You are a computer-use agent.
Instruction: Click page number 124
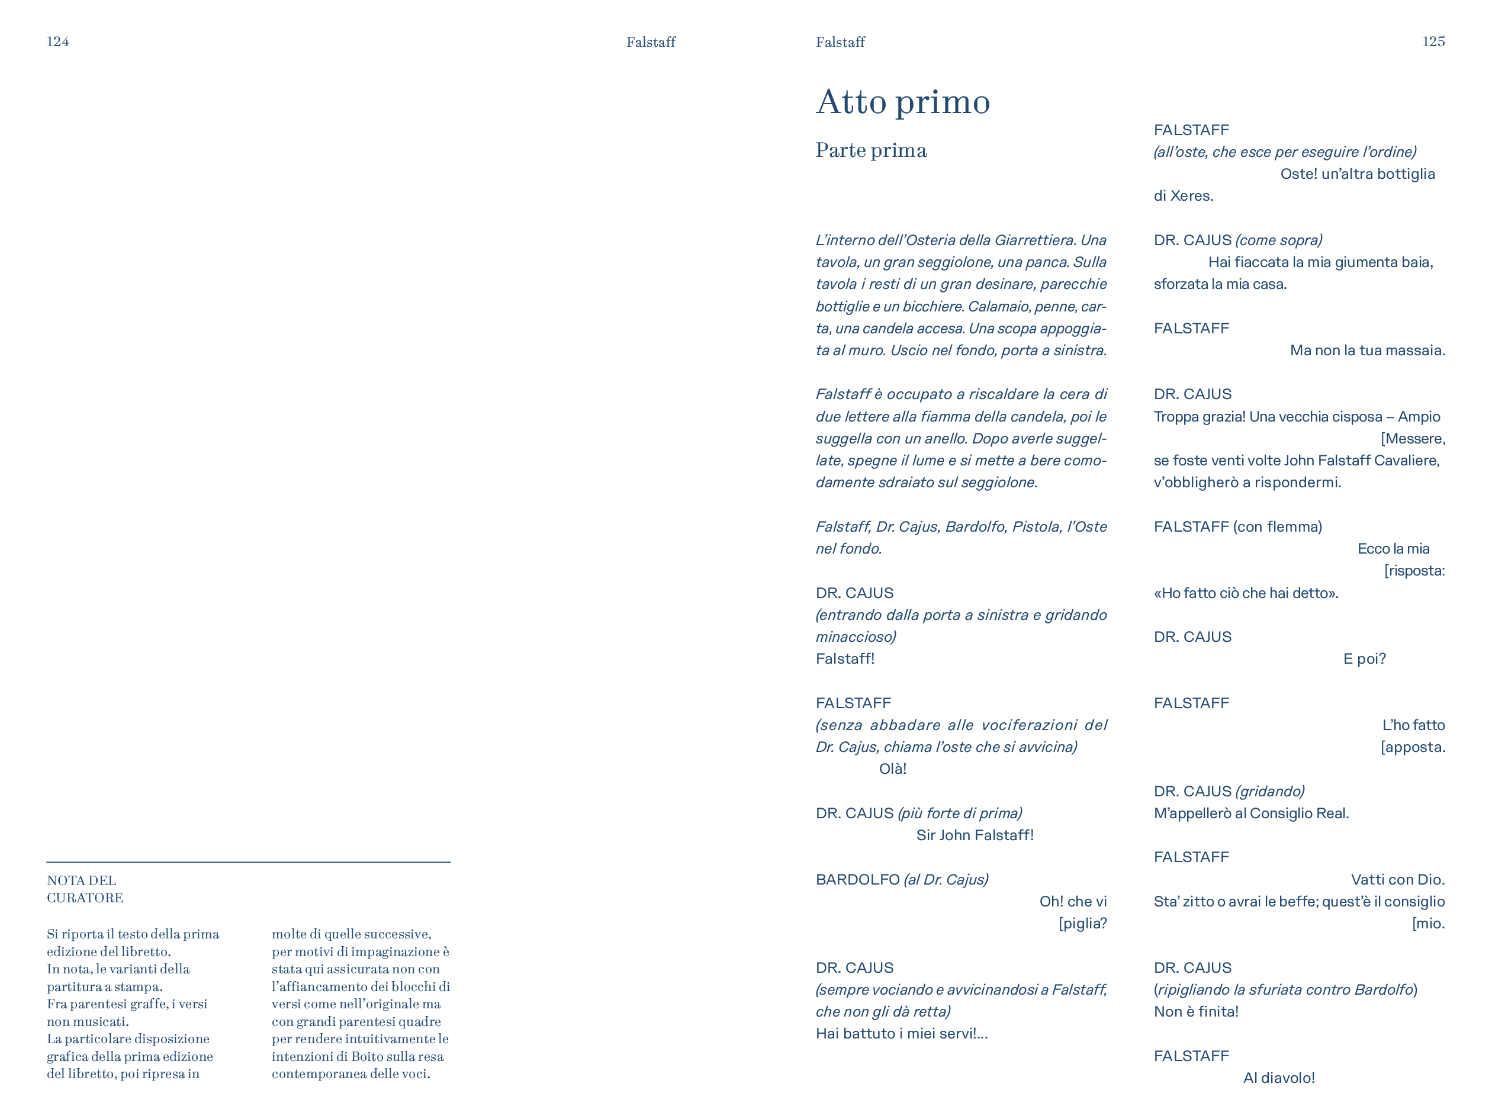(57, 42)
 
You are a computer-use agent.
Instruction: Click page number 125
(1433, 42)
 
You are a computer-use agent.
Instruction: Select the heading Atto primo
(902, 102)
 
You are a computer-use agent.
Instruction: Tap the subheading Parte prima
(871, 150)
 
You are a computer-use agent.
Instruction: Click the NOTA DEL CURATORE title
(84, 889)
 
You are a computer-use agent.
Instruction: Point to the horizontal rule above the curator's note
(248, 862)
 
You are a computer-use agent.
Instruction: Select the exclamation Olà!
(892, 769)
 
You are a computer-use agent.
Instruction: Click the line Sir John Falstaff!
(975, 835)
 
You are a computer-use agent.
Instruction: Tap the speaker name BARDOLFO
(857, 880)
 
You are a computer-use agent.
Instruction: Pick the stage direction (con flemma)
(1277, 527)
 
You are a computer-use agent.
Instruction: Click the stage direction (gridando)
(1269, 791)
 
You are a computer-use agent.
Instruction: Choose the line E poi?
(1364, 659)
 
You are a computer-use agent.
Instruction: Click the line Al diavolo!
(1279, 1078)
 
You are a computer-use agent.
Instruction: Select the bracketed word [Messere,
(1413, 439)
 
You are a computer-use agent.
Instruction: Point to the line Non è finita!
(1196, 1012)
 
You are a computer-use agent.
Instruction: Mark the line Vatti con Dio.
(1398, 880)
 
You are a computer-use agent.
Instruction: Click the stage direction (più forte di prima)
(960, 813)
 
